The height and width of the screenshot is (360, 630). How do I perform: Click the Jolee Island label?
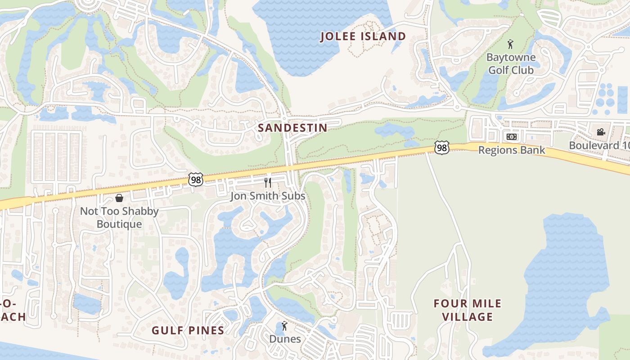[x=363, y=36]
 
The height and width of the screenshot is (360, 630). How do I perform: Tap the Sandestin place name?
[x=292, y=128]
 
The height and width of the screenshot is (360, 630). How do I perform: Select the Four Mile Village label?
[x=468, y=310]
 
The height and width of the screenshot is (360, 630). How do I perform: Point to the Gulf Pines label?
[x=188, y=331]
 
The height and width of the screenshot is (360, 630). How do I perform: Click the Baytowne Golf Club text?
[x=511, y=64]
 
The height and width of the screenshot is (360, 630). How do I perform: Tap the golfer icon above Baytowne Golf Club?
[x=510, y=44]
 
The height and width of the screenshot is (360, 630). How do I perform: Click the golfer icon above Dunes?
[x=284, y=325]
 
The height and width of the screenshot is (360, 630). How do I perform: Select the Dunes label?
[x=285, y=339]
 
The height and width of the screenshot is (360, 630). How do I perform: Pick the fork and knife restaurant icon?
[x=268, y=182]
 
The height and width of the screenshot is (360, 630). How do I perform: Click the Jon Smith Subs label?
[x=268, y=196]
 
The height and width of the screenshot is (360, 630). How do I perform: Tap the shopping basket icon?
[x=119, y=198]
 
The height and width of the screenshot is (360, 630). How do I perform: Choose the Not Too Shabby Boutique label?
[x=119, y=218]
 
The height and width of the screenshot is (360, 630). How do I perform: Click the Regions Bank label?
[x=512, y=150]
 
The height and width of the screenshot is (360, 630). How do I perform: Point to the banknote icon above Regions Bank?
[x=512, y=137]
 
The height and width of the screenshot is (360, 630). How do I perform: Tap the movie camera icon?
[x=601, y=132]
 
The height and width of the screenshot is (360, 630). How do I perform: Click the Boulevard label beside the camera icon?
[x=599, y=145]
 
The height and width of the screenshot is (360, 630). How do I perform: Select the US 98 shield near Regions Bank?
[x=442, y=148]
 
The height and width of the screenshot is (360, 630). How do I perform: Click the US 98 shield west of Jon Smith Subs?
[x=196, y=180]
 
